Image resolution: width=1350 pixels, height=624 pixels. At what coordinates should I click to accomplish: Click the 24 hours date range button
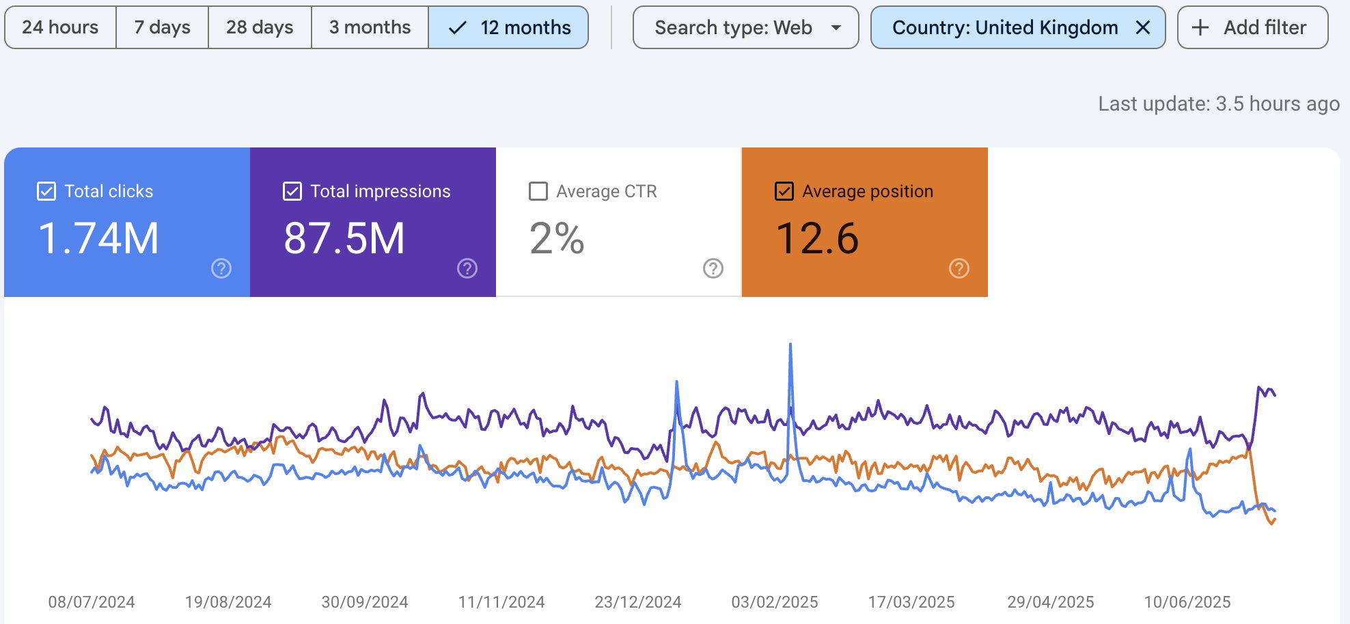click(60, 27)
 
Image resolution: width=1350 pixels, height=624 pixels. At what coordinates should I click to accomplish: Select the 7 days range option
click(162, 27)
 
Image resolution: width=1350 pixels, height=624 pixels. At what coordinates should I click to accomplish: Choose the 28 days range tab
click(260, 27)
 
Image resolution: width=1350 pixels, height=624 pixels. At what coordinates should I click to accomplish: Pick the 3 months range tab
click(370, 27)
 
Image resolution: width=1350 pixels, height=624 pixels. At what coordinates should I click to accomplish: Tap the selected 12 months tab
click(508, 27)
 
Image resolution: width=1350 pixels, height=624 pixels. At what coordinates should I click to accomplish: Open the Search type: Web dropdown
click(745, 27)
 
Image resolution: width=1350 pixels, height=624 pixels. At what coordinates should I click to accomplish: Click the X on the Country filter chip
click(1143, 27)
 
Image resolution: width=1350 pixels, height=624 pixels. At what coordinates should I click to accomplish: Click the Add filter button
click(1253, 27)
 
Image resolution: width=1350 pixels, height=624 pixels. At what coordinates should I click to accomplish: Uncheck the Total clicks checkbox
click(46, 191)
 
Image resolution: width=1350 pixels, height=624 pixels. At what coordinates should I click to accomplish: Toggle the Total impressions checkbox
click(292, 191)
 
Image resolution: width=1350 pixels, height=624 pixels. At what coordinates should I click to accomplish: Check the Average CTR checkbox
click(538, 191)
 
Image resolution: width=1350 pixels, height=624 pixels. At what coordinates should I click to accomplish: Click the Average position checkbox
click(784, 191)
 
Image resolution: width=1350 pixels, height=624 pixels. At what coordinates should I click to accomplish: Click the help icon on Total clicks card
click(221, 268)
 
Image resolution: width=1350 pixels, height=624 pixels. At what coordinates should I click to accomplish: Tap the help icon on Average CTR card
click(713, 268)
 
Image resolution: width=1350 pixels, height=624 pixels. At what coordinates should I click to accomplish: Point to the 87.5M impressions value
click(344, 238)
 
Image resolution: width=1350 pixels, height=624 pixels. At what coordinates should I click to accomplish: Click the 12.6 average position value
click(817, 238)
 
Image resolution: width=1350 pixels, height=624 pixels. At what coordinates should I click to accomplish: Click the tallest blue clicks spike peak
click(790, 344)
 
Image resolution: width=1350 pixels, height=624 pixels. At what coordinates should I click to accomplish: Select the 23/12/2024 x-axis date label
click(638, 602)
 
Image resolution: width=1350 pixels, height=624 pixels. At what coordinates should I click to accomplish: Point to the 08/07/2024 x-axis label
click(92, 602)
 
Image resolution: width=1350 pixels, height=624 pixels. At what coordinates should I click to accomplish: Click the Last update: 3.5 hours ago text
click(1219, 104)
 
